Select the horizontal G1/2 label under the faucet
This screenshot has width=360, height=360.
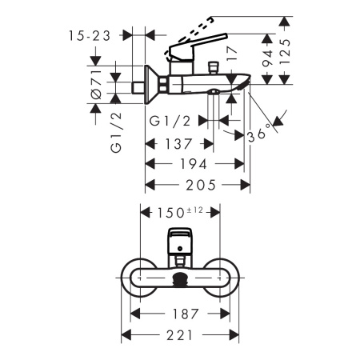(x=170, y=122)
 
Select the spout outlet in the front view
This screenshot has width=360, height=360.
(x=181, y=278)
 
